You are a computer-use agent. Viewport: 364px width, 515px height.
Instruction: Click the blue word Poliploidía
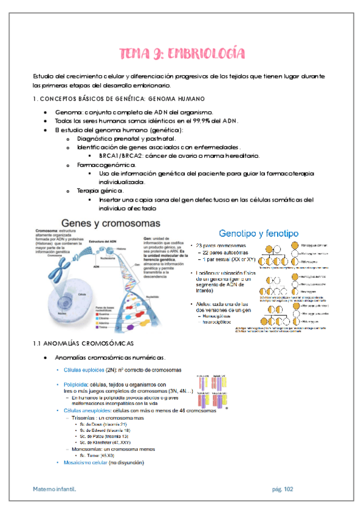pyautogui.click(x=75, y=384)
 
